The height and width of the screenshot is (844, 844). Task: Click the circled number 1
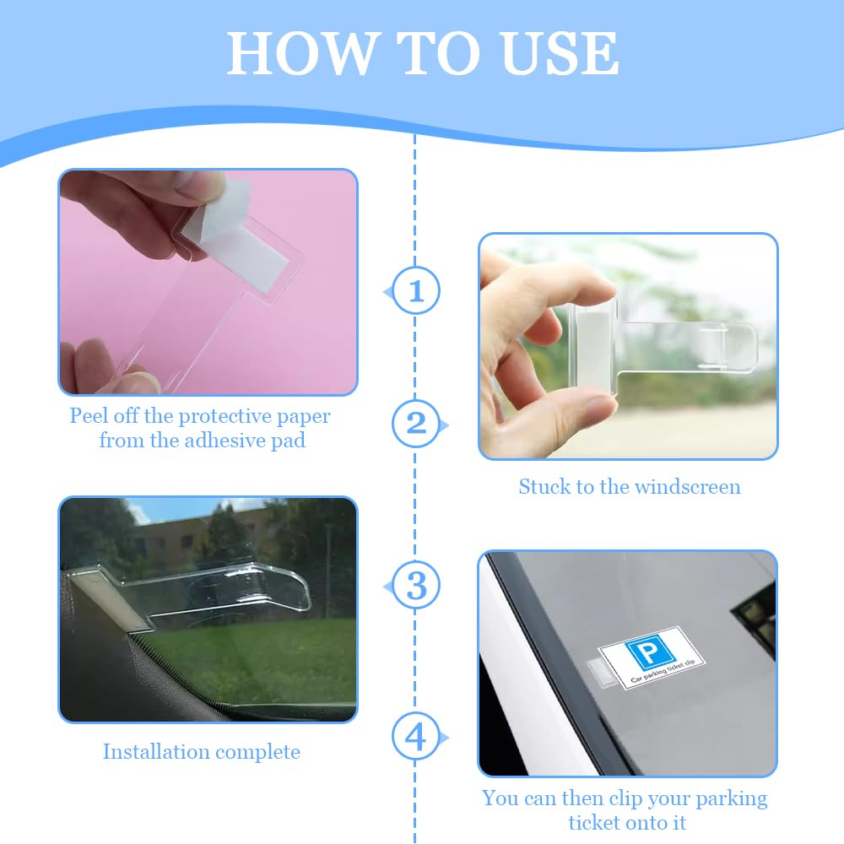(416, 290)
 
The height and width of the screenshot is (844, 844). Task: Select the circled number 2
(416, 424)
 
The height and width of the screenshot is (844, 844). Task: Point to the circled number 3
(416, 585)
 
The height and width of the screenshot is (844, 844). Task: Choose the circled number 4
(416, 736)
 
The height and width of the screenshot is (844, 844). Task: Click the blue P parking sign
(649, 653)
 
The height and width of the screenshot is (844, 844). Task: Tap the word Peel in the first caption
(89, 416)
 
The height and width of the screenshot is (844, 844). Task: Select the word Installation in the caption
(149, 751)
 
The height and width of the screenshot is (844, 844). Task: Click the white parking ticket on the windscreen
(652, 657)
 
